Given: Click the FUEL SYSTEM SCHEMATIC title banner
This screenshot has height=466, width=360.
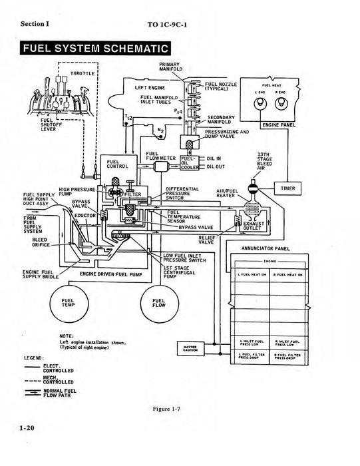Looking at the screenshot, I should click(x=95, y=49).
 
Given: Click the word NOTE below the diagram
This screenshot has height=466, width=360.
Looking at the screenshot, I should click(x=66, y=336).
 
